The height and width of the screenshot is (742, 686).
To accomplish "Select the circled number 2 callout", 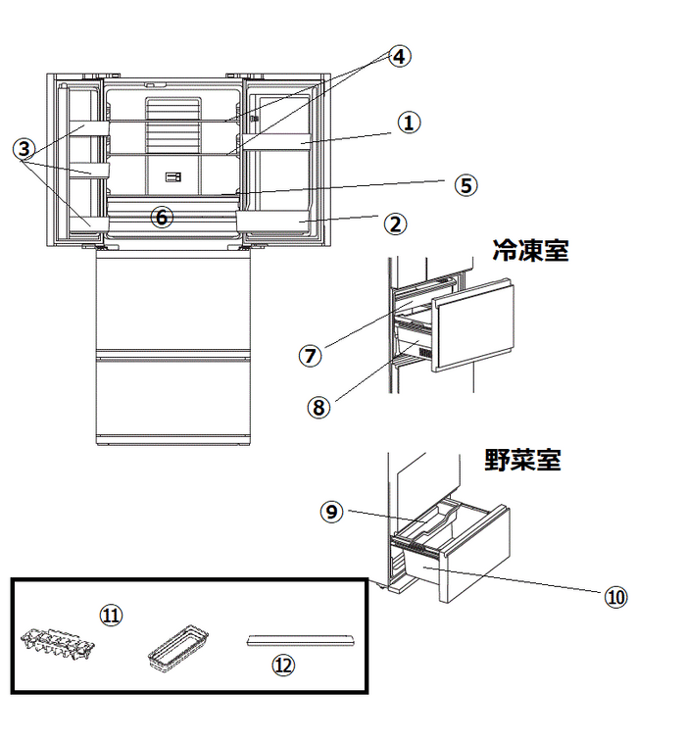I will (x=394, y=223).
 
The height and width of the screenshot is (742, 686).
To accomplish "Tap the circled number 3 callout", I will (x=24, y=149).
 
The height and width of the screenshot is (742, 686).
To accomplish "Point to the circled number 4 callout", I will (x=398, y=56).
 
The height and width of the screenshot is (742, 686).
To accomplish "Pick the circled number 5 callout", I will (x=466, y=184).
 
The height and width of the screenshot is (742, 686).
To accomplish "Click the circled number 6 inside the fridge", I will (x=163, y=217).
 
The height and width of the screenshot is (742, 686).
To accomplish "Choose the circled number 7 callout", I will (x=311, y=356).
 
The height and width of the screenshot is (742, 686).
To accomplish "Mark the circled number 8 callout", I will (x=318, y=407).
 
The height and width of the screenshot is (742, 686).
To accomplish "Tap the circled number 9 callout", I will (x=333, y=512).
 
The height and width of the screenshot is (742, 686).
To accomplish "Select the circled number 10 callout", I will (x=615, y=596).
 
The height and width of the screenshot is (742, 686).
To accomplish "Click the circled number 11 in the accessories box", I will (x=112, y=614).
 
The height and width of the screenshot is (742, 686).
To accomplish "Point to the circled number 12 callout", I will (x=283, y=665).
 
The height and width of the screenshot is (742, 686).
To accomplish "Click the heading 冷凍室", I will (x=530, y=251).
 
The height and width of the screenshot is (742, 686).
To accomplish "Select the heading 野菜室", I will (x=523, y=460).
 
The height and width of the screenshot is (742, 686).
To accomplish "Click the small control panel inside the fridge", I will (x=174, y=177).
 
